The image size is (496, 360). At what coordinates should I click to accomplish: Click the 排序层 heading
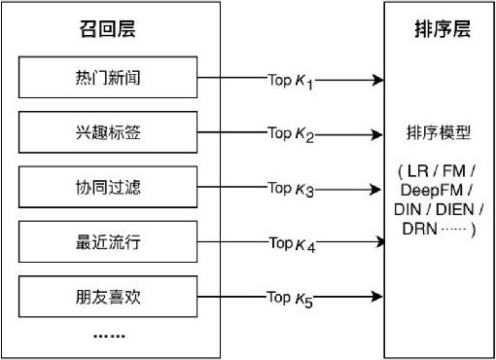tap(438, 30)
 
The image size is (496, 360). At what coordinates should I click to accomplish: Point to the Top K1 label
tap(291, 80)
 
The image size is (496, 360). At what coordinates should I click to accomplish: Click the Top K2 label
tap(291, 134)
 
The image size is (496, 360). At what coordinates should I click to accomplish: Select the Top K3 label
tap(291, 188)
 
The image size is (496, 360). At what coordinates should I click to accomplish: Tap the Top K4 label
tap(292, 243)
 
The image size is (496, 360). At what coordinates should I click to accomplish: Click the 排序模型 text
tap(438, 132)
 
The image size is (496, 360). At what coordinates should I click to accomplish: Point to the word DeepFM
tap(428, 191)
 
